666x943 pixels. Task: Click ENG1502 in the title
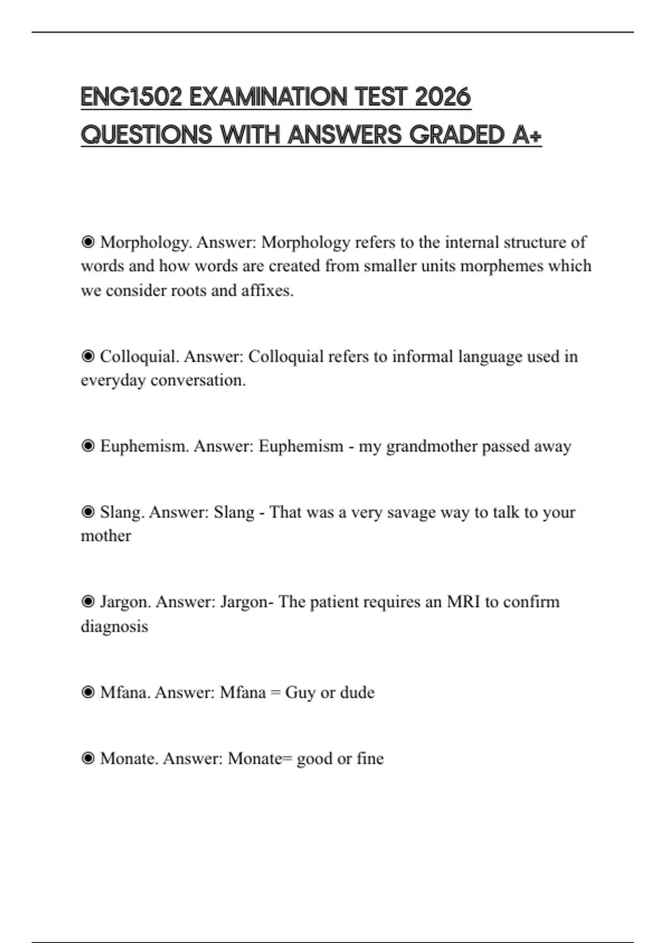click(x=132, y=97)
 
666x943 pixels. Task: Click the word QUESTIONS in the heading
click(x=147, y=135)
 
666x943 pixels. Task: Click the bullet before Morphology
click(x=88, y=242)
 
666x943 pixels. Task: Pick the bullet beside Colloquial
click(x=88, y=356)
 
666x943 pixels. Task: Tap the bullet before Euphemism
click(x=88, y=446)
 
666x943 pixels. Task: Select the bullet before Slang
click(x=88, y=512)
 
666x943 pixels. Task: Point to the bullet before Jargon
click(x=88, y=602)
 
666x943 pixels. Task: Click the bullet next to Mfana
click(x=88, y=692)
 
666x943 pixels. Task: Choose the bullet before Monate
click(x=88, y=758)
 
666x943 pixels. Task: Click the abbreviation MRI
click(x=463, y=602)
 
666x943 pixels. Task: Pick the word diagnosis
click(x=114, y=627)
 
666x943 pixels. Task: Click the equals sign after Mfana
click(x=275, y=693)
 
